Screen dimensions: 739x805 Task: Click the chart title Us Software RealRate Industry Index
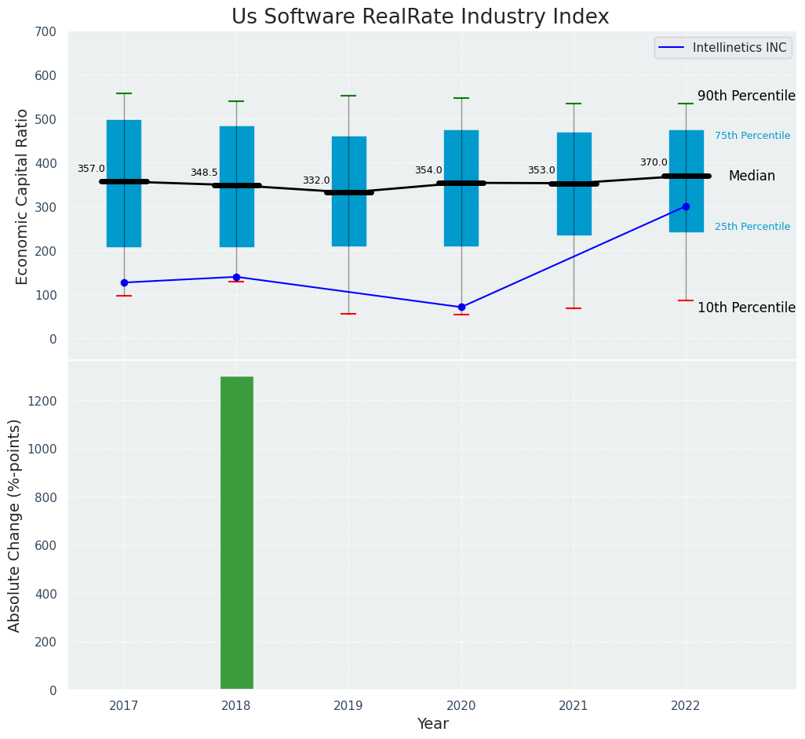420,17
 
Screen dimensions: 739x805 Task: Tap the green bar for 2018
236,533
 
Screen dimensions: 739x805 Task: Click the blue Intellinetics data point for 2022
686,207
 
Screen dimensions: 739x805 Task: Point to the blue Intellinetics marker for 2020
461,307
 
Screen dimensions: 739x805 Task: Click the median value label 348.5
204,173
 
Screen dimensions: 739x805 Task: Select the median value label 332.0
316,180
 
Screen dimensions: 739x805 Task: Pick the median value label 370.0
654,162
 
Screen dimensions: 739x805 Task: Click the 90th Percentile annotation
746,96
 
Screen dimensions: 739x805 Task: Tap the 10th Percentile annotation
746,308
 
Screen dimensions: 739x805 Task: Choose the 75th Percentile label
752,136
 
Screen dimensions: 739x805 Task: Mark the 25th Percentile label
752,227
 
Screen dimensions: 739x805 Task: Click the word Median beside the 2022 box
752,177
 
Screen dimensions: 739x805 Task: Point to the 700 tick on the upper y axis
46,31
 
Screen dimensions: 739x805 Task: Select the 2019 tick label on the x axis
348,706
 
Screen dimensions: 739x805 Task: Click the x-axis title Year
432,724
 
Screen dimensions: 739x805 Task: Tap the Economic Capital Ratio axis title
22,196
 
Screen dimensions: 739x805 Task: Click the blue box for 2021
574,184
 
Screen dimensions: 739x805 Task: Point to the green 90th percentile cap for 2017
124,93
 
